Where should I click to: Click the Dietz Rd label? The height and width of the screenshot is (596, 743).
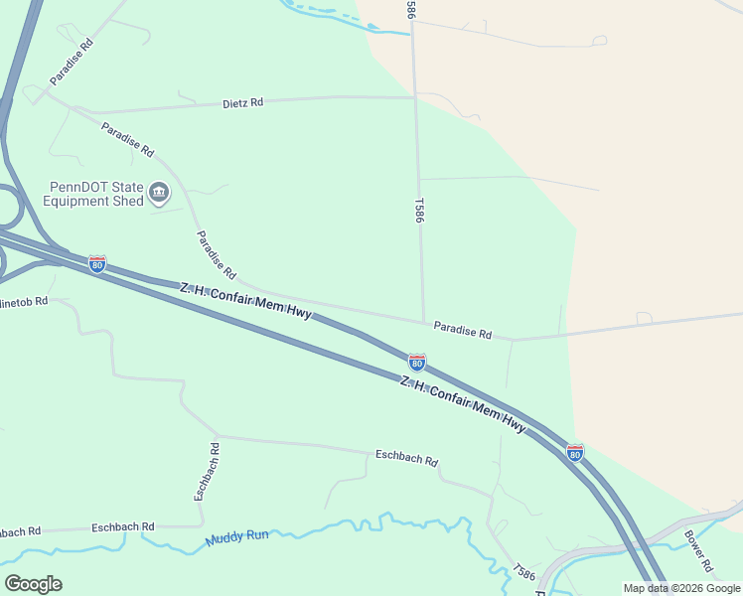(x=242, y=102)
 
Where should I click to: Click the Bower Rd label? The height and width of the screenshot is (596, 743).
(x=698, y=551)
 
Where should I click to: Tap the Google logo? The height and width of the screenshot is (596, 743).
(x=33, y=583)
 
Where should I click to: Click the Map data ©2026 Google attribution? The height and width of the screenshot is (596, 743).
(x=681, y=588)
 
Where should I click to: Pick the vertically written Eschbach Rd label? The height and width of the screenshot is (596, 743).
(x=207, y=471)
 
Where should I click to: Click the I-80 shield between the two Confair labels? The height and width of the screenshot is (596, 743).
(x=417, y=362)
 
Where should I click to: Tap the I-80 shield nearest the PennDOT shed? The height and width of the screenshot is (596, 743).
(x=97, y=263)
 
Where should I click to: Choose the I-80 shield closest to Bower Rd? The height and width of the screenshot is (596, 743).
(x=575, y=452)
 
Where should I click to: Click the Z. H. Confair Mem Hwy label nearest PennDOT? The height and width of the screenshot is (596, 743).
(x=245, y=301)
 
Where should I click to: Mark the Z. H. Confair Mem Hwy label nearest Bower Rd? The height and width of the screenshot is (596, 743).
(x=462, y=404)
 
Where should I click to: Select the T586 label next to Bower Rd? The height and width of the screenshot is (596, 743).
(x=524, y=573)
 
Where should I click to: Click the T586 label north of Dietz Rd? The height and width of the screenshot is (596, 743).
(x=409, y=8)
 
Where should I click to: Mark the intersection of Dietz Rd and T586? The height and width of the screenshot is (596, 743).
(x=415, y=97)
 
